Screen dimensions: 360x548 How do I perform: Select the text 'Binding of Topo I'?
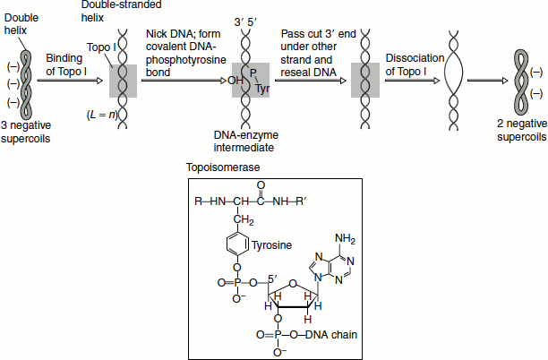click(x=67, y=63)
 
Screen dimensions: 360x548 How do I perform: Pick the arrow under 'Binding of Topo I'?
click(x=67, y=80)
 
